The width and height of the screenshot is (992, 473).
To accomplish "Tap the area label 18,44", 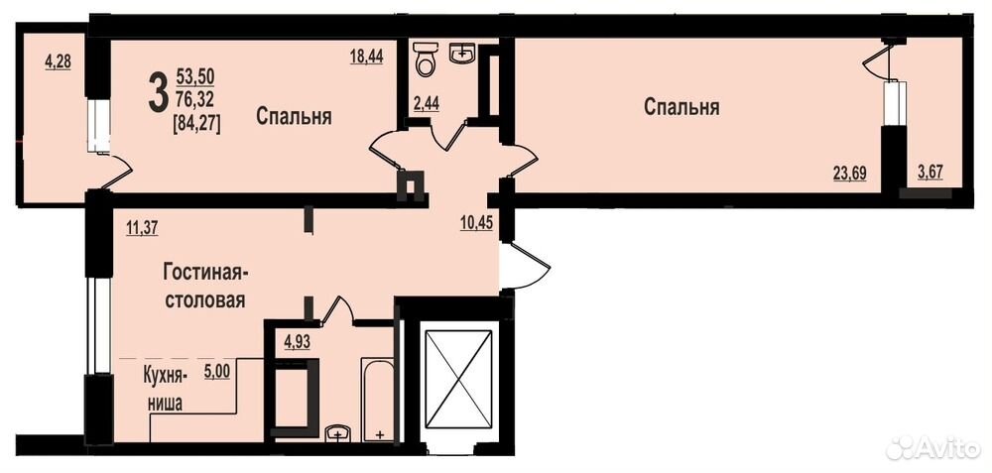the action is (367, 57).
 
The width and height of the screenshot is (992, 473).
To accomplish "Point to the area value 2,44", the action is (427, 104).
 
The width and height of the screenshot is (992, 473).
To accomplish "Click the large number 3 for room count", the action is (158, 92).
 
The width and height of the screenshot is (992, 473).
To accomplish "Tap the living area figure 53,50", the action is (195, 77).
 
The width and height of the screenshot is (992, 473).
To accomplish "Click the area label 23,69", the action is (849, 173).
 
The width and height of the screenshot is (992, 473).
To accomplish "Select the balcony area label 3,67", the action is (930, 173).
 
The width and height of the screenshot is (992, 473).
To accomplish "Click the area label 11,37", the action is (142, 228).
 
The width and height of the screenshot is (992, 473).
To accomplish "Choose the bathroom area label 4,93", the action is (298, 344).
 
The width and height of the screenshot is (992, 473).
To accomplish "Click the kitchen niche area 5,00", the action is (216, 373).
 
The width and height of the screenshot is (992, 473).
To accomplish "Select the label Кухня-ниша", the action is (165, 391).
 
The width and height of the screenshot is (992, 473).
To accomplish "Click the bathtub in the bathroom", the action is (378, 399).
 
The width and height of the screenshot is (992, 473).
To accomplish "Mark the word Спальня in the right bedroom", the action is (682, 107).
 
